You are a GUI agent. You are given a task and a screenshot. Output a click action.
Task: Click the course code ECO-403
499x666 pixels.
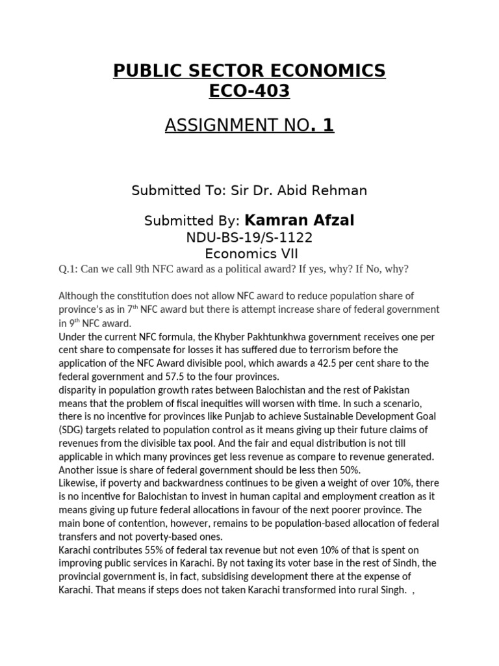tap(249, 92)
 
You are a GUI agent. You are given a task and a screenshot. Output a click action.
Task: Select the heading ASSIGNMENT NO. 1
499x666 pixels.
tap(249, 125)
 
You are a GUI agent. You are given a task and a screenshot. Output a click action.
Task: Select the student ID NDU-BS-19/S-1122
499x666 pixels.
tap(249, 237)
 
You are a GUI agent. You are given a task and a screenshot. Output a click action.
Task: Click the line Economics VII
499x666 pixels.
tap(249, 253)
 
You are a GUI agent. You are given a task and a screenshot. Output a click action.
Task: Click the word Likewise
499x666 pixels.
tap(78, 484)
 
